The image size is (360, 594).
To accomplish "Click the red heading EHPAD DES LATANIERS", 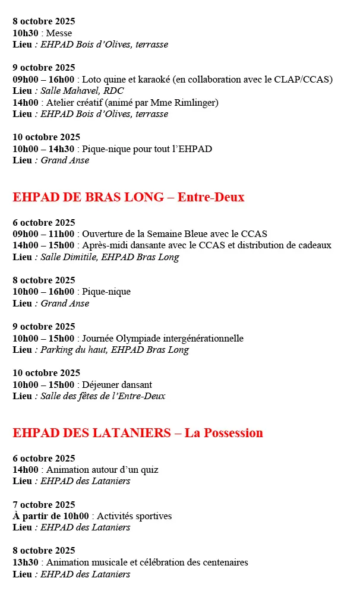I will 92,433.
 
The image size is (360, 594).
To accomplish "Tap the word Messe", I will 59,33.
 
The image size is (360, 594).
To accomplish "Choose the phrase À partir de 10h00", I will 50,516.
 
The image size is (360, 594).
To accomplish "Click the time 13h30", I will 26,563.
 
